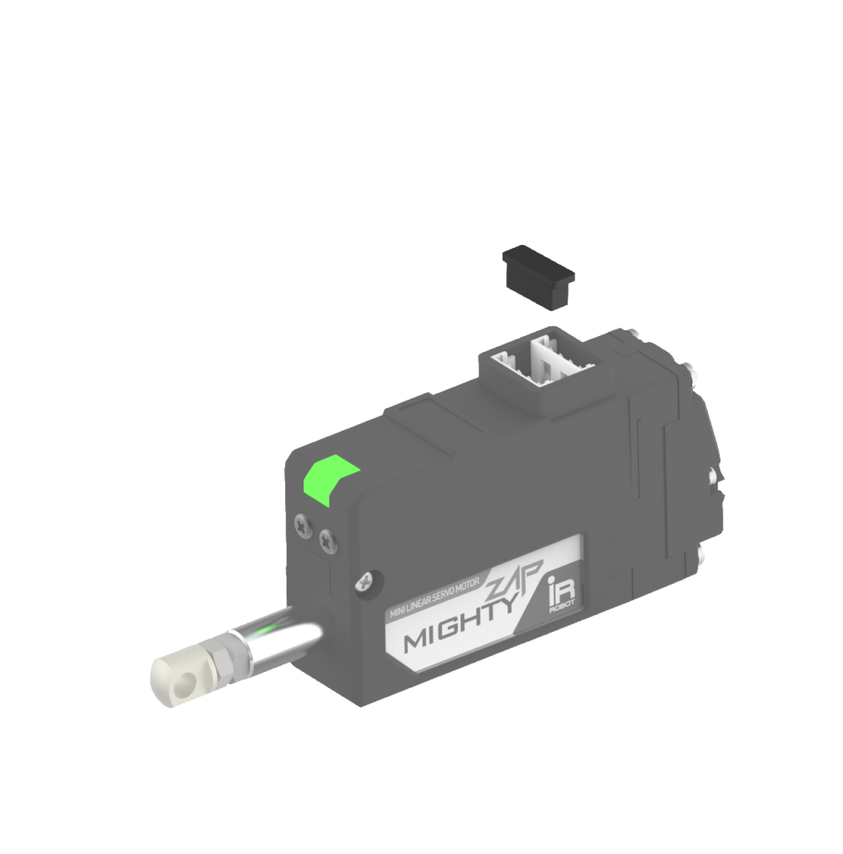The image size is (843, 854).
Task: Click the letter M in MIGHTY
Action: point(414,643)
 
